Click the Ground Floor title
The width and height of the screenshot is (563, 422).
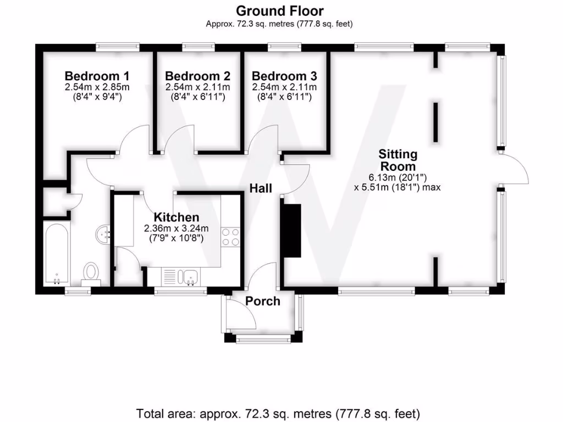[x=279, y=10]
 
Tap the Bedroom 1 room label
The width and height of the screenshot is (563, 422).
[x=97, y=76]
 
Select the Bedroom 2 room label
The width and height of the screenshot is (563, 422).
[x=197, y=76]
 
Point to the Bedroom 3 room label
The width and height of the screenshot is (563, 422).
[x=284, y=76]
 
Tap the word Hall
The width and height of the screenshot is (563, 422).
[x=261, y=188]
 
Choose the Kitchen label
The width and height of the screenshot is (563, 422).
[x=176, y=217]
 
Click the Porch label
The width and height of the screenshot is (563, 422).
[x=262, y=301]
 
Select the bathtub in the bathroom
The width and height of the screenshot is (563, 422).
[x=56, y=253]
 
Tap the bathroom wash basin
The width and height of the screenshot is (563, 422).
[x=103, y=235]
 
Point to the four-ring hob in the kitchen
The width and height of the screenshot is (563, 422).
[x=231, y=237]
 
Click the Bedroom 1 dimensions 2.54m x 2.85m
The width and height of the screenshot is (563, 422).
[x=97, y=87]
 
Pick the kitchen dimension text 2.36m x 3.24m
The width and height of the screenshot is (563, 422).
[x=176, y=229]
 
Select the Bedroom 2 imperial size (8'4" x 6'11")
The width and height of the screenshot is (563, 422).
[x=197, y=97]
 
